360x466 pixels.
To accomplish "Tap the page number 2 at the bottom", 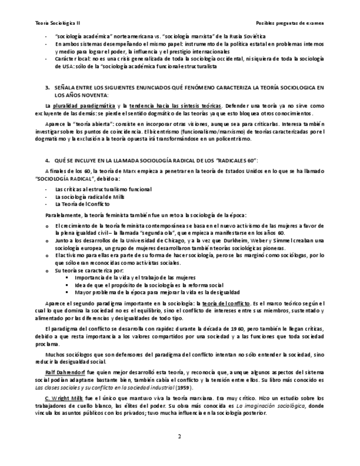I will [179, 437].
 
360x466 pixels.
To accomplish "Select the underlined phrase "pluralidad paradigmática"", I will [81, 106].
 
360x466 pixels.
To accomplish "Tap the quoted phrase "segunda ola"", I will [178, 233].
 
